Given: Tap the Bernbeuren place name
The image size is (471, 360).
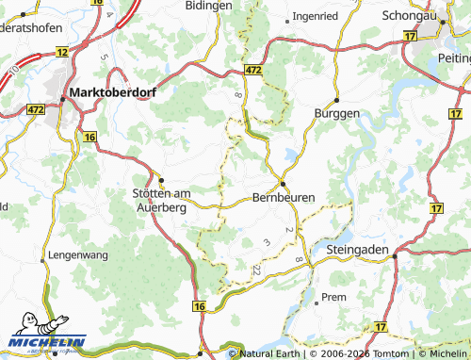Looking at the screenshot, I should coord(283,198).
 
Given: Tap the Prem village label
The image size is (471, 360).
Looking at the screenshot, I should coord(333,297).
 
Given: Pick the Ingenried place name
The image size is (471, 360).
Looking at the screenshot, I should coord(316,16).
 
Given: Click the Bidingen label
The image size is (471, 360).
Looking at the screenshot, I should coord(209,6).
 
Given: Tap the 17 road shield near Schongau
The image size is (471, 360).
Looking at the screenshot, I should coord(409,36).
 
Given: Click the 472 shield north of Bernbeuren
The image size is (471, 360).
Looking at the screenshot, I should coord(252,71).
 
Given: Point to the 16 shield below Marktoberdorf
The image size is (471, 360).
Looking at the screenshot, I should coord(89,138).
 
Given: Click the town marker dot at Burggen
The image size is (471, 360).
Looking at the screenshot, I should coord(335,100).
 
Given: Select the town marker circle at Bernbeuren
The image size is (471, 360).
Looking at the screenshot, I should coord(281,183).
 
